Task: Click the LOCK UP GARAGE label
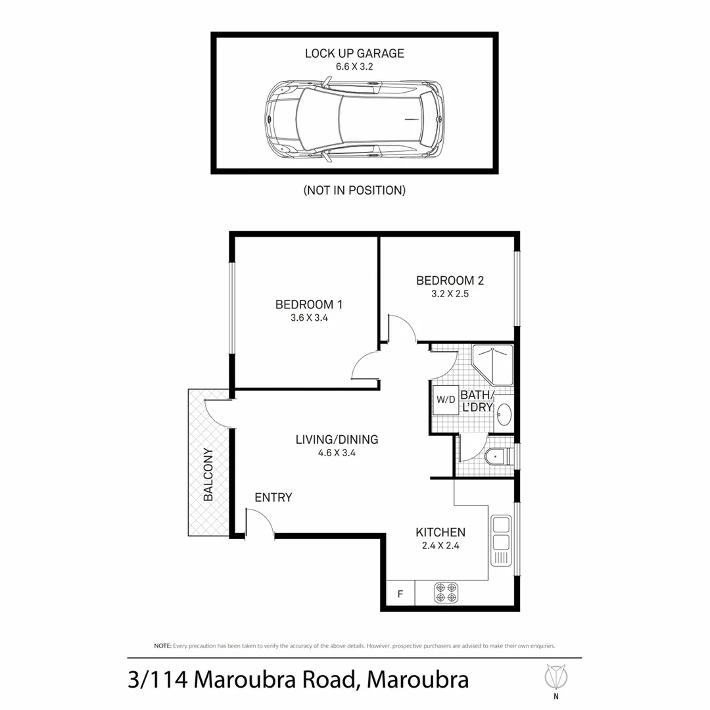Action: pos(354,53)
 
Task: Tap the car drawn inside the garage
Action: pos(354,119)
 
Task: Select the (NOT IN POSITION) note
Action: pos(354,191)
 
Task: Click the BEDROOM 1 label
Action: pos(309,304)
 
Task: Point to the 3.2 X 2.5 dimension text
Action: pos(450,294)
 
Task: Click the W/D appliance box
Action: pos(445,399)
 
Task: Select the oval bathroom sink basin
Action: pos(504,415)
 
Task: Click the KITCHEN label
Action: pos(440,532)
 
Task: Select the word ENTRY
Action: pos(273,498)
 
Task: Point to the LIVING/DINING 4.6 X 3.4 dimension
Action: pos(337,452)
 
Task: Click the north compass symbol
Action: pos(556,676)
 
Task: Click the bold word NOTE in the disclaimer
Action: pos(162,646)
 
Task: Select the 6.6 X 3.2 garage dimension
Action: pos(354,66)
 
